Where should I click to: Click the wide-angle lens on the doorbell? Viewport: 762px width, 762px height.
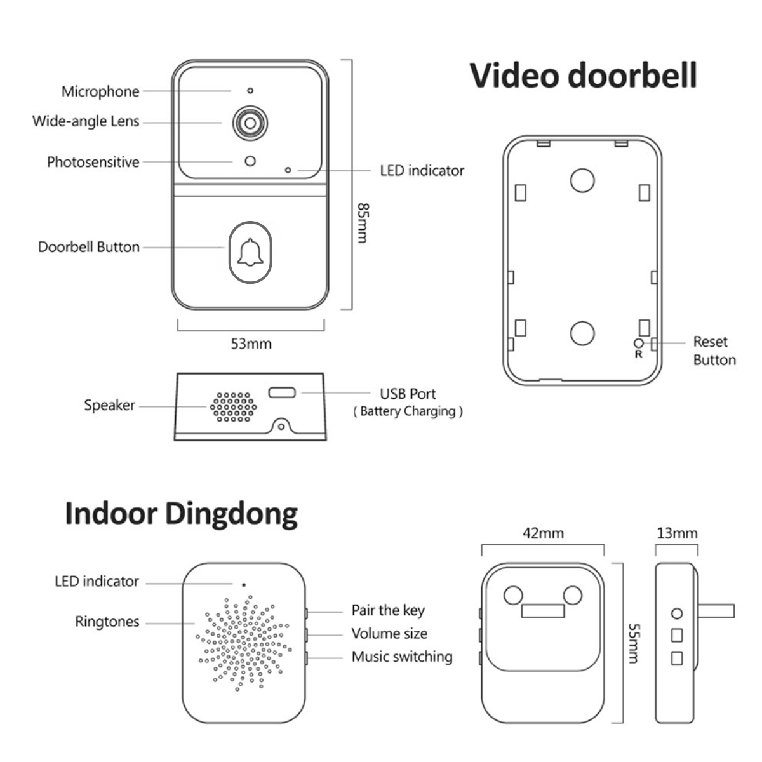249,123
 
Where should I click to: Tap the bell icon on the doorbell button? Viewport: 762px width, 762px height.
250,252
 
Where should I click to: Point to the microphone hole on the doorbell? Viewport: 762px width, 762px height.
250,91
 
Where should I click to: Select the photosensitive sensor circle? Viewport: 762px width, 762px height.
250,161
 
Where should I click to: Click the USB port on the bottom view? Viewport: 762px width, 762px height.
282,392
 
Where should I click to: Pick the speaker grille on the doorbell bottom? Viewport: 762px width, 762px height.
233,407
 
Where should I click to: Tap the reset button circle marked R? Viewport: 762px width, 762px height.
639,343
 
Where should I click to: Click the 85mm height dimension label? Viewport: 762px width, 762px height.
363,222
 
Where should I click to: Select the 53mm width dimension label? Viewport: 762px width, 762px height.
251,344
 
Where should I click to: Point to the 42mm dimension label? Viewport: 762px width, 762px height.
543,533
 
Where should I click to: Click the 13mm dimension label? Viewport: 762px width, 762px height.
677,533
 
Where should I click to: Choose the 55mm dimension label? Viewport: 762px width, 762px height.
633,643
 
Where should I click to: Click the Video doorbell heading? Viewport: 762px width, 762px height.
583,76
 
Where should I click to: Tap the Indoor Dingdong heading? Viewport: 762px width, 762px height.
181,514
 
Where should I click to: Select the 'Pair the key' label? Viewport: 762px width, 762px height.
388,610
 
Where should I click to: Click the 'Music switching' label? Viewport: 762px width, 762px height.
402,657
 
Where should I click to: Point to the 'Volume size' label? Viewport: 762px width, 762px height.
389,633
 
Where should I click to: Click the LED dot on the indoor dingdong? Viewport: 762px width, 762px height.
244,584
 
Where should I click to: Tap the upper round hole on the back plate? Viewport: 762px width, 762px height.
582,180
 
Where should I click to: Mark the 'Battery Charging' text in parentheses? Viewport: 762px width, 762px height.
408,411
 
